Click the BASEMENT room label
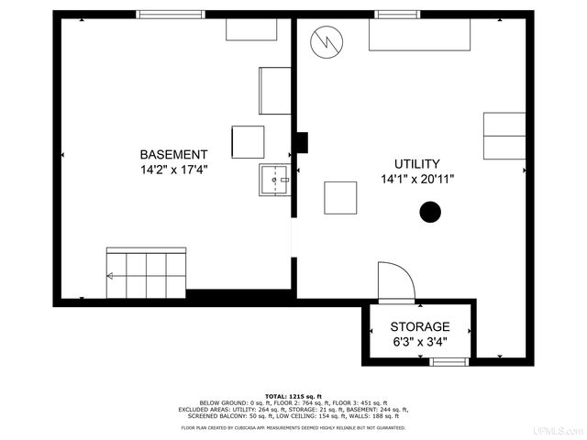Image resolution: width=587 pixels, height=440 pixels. pos(173,155)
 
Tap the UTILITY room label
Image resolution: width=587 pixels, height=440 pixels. pos(416,164)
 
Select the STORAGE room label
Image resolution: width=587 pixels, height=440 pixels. pos(420,327)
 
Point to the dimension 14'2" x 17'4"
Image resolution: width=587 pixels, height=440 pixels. pos(173,170)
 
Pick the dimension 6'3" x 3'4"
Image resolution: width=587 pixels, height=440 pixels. pos(420,343)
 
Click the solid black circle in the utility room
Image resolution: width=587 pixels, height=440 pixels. pos(430,213)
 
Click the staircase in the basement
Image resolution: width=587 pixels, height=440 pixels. pos(148,273)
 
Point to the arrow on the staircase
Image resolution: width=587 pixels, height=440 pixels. pos(111,275)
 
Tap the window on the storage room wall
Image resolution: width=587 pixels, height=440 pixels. pos(448,362)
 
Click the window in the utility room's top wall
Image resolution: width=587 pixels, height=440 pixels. pos(392,14)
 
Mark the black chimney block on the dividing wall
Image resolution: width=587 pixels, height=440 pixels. pos(301,142)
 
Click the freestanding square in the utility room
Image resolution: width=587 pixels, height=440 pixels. pos(341,197)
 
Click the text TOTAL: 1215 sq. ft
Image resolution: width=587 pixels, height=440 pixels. pos(293,395)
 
